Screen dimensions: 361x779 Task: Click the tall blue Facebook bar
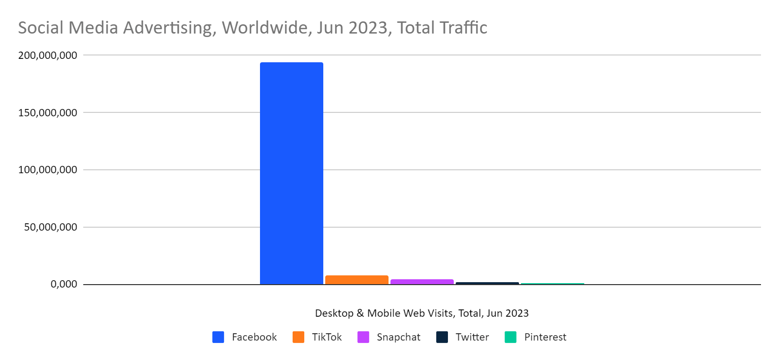pos(291,173)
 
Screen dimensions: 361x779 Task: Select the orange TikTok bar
pos(356,280)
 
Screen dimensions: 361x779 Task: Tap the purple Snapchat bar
pos(422,282)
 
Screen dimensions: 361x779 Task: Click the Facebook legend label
pos(254,337)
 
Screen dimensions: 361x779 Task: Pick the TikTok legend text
pos(327,337)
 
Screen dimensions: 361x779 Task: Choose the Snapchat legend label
pos(398,337)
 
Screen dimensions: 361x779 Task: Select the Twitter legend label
pos(472,337)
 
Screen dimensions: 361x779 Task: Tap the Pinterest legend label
pos(545,337)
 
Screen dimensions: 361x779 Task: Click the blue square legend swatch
pos(218,337)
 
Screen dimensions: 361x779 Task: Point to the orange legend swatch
pos(298,337)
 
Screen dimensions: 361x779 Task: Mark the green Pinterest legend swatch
pos(510,337)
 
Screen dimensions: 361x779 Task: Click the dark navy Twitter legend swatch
pos(442,337)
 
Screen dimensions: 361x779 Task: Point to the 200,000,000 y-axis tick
pos(48,55)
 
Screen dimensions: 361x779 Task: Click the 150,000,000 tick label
pos(48,113)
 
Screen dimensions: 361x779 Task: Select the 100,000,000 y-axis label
pos(48,170)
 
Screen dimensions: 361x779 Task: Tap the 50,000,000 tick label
pos(51,227)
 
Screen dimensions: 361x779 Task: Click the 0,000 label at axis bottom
pos(64,284)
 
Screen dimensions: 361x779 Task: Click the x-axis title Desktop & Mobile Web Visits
pos(422,313)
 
